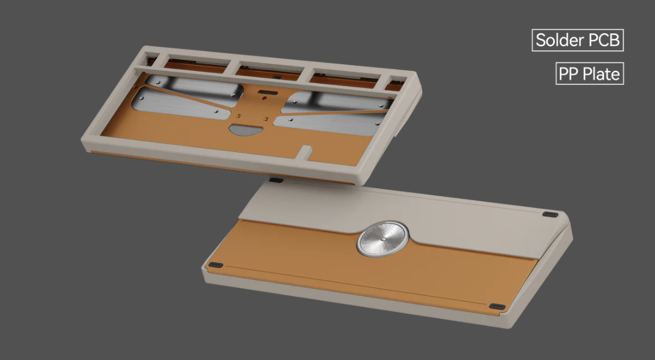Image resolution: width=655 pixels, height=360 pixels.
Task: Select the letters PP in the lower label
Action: (569, 75)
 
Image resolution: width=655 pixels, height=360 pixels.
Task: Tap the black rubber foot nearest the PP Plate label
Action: (549, 214)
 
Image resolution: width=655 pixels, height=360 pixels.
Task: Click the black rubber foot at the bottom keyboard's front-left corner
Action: (215, 265)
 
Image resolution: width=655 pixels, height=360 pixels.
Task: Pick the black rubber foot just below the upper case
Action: (276, 180)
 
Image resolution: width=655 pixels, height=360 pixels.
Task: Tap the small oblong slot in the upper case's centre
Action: (265, 93)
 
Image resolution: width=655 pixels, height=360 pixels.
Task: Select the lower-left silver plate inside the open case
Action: (182, 104)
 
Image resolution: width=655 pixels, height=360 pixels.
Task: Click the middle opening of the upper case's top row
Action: (267, 71)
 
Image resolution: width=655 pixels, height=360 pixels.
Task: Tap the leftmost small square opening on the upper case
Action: (152, 59)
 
